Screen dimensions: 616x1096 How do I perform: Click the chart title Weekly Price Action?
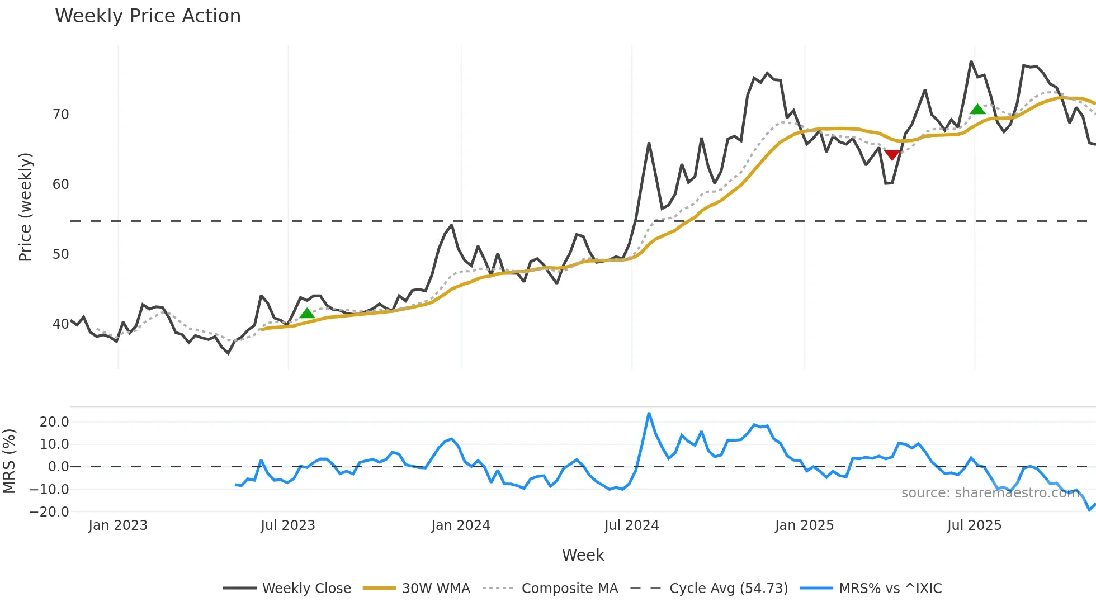click(x=148, y=16)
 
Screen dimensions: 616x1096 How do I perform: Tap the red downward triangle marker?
click(x=892, y=155)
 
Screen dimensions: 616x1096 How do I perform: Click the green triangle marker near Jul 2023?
click(x=307, y=314)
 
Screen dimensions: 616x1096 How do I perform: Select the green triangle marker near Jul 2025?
click(x=977, y=110)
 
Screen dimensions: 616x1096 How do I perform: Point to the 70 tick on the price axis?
click(x=60, y=115)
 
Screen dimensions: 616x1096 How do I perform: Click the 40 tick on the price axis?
click(x=60, y=324)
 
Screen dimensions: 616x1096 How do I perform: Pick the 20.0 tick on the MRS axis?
click(x=54, y=422)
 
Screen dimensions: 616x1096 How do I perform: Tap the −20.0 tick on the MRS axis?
click(x=50, y=512)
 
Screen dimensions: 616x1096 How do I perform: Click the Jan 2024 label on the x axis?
click(x=460, y=525)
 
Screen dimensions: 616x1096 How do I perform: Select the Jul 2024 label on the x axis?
click(x=631, y=525)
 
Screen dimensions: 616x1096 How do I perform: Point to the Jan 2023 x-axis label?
click(x=117, y=525)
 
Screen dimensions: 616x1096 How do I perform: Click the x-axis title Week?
click(x=583, y=555)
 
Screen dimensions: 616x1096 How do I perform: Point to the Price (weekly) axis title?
click(x=25, y=207)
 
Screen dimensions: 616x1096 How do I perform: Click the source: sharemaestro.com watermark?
click(x=990, y=493)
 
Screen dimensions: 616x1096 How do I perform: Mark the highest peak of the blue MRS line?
click(x=649, y=414)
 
